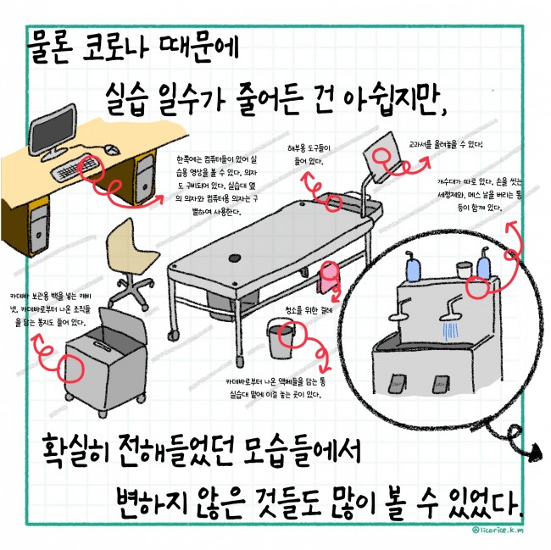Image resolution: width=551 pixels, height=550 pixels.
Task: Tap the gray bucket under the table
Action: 282,336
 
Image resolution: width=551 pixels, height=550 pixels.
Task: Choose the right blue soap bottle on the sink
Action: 483,264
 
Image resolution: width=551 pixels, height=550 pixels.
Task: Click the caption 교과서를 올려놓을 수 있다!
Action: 446,145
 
